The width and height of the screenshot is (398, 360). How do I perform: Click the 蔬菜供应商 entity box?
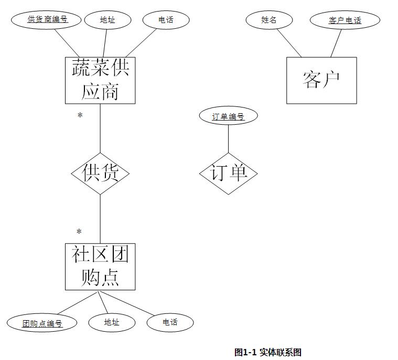(100, 80)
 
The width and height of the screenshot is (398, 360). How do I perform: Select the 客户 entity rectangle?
(321, 80)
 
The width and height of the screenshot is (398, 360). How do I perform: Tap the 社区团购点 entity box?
(100, 266)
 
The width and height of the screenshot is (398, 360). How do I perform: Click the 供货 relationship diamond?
(100, 173)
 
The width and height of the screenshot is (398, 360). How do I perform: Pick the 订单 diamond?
(229, 173)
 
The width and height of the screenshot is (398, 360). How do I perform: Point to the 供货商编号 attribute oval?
(47, 20)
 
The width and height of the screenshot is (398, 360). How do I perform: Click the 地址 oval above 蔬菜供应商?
(107, 20)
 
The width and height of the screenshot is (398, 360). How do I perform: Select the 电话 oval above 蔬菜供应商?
(166, 20)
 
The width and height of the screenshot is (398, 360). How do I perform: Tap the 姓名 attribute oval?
(269, 20)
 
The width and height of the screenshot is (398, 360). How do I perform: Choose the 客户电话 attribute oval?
(345, 20)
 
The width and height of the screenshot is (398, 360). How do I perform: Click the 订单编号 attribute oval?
(229, 116)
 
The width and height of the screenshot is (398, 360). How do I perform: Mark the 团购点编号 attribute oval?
(42, 323)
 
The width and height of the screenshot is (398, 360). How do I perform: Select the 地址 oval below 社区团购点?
(112, 322)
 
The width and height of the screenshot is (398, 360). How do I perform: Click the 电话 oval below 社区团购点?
(170, 322)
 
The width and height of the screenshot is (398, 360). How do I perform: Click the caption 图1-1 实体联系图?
(268, 352)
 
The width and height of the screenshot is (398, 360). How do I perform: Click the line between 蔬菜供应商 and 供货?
(100, 128)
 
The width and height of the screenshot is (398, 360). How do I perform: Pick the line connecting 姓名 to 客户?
(289, 42)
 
